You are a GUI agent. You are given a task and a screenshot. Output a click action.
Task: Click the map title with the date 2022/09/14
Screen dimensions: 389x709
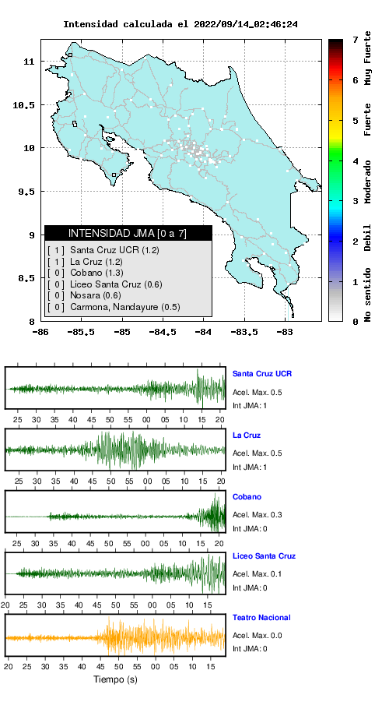[x=180, y=24]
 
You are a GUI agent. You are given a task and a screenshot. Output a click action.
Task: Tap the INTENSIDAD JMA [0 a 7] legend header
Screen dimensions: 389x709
[x=128, y=233]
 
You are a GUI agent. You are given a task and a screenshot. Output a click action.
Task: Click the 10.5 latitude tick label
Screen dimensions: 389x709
[x=24, y=105]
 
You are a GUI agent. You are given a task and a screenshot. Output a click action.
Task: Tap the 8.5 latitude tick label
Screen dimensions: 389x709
[x=27, y=279]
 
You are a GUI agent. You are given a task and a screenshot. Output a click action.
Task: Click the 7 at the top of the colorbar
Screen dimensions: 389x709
[x=355, y=40]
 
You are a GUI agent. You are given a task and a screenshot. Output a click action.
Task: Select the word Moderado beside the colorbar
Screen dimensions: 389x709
[x=368, y=182]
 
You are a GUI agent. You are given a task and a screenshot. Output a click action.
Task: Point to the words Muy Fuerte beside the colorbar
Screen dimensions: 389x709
[x=368, y=58]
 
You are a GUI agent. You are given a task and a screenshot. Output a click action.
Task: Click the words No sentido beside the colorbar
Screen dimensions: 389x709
[x=368, y=295]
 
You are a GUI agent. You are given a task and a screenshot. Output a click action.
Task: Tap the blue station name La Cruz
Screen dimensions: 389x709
[x=247, y=436]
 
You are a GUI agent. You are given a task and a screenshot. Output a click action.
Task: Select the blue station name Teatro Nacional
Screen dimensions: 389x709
[x=261, y=617]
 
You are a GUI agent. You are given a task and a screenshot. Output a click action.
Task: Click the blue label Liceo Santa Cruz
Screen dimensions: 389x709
[x=264, y=556]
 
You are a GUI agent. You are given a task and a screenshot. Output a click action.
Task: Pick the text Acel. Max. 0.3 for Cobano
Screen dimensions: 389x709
[x=258, y=514]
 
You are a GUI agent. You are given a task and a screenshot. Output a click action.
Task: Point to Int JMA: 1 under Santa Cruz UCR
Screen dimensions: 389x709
[x=250, y=406]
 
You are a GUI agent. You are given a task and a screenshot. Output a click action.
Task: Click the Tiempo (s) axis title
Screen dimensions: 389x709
[x=115, y=679]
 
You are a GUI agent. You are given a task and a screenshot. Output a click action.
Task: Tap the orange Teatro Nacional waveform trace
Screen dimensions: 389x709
[x=115, y=637]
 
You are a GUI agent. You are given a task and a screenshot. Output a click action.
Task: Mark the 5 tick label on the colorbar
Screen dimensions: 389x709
[x=355, y=120]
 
